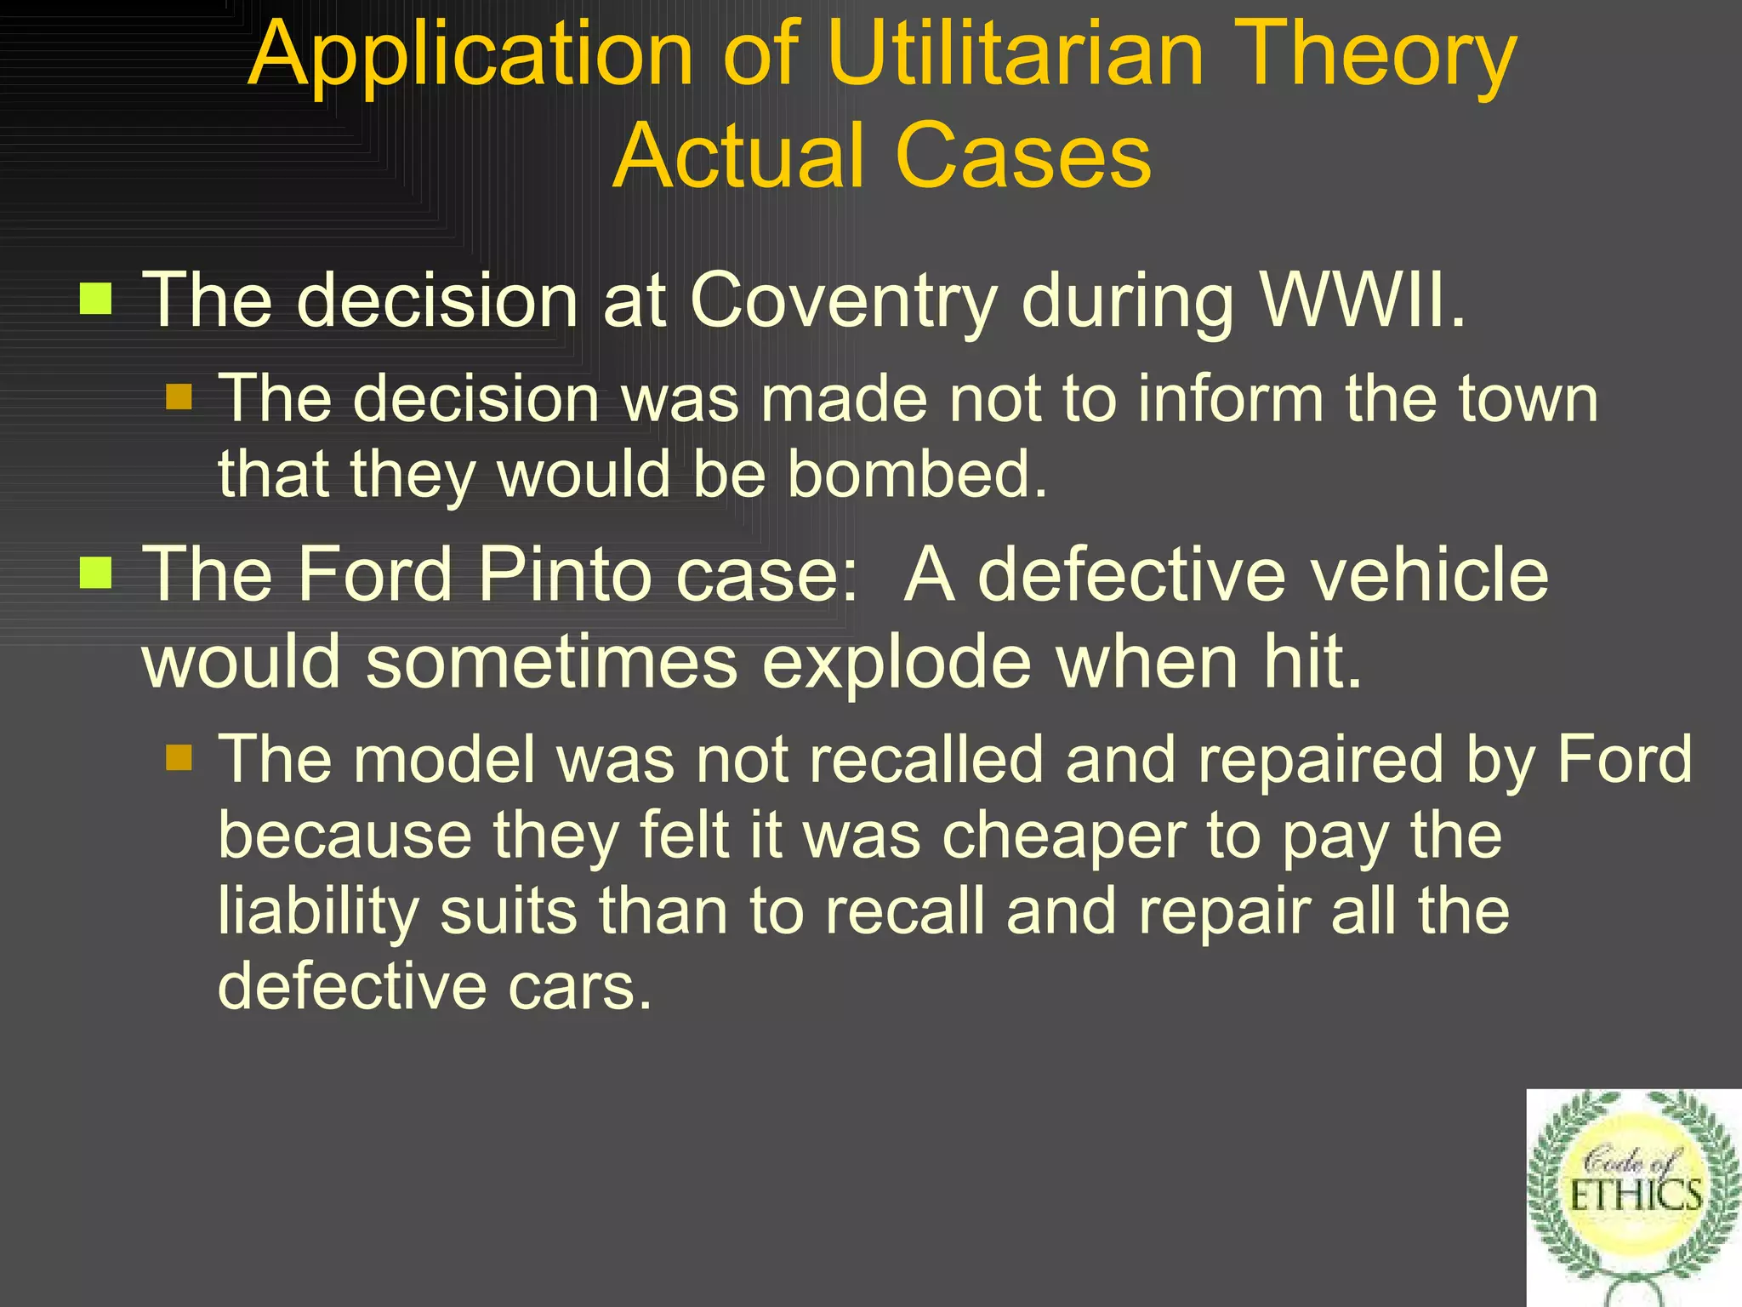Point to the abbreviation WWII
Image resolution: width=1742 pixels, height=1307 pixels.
coord(1362,300)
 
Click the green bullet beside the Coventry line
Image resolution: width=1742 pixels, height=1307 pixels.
coord(96,299)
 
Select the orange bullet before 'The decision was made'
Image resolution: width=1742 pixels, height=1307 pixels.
coord(179,397)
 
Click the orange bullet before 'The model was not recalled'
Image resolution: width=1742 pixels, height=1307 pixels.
coord(179,756)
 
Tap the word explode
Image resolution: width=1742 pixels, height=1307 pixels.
coord(897,663)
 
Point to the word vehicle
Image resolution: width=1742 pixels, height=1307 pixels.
coord(1432,574)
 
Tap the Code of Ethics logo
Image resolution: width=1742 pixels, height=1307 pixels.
coord(1634,1197)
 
